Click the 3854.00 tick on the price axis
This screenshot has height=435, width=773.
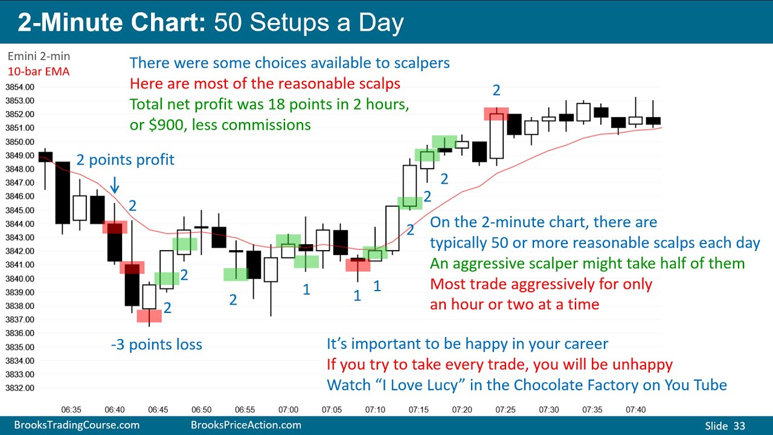click(19, 87)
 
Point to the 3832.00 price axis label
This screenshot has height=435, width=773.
click(19, 388)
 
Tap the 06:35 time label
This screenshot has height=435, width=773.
click(71, 410)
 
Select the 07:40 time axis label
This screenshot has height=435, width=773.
click(635, 410)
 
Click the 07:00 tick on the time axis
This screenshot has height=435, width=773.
click(288, 410)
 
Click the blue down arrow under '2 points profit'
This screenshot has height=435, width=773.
click(115, 184)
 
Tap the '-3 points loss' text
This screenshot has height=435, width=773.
click(156, 345)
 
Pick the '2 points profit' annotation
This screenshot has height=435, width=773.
click(125, 160)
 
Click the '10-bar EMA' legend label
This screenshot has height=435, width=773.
click(38, 71)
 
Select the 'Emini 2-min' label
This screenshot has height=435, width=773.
click(39, 56)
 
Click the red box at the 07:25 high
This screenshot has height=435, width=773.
click(496, 114)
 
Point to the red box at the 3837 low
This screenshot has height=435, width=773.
click(149, 315)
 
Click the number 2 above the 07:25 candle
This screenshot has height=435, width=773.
click(496, 91)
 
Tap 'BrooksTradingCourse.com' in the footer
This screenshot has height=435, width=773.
click(77, 425)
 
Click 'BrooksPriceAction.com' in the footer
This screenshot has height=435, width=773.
click(246, 425)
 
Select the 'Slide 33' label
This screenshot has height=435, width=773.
click(725, 426)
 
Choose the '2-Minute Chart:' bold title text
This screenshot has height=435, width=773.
click(112, 22)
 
